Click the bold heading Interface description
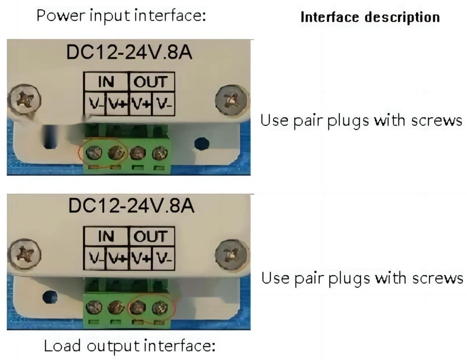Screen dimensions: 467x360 coord(370,17)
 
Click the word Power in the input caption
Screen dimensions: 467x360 coord(61,15)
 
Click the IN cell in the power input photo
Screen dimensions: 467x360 coord(106,82)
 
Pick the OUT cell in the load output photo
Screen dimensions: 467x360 coord(151,236)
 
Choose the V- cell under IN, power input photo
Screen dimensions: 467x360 coord(95,104)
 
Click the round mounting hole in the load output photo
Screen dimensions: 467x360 coord(50,297)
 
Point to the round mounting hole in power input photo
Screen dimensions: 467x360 coord(202,143)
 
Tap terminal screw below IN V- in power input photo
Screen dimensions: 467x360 coord(94,153)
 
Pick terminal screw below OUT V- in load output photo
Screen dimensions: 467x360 coord(160,308)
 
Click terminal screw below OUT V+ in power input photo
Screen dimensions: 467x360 coord(138,153)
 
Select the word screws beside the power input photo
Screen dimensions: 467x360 coord(436,121)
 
